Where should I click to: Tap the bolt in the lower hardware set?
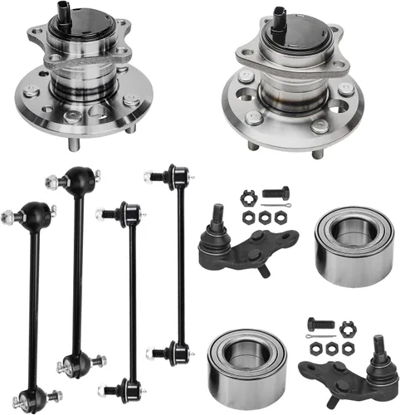pos(320,325)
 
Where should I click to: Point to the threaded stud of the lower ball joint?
pos(383,341)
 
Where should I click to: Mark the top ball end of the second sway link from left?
pos(80,178)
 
